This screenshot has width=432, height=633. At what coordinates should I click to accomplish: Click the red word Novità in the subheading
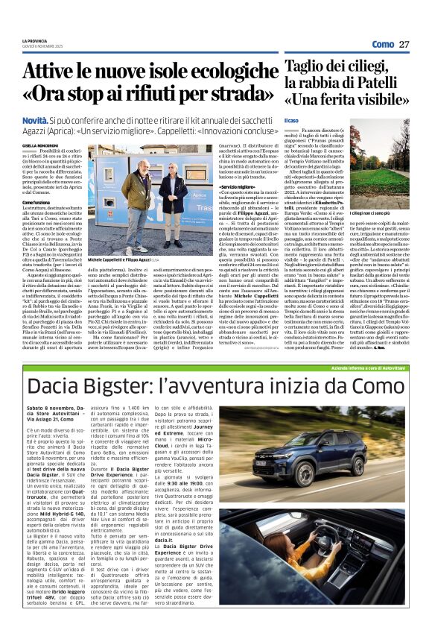point(34,119)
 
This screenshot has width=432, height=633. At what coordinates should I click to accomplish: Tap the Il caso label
point(291,120)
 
